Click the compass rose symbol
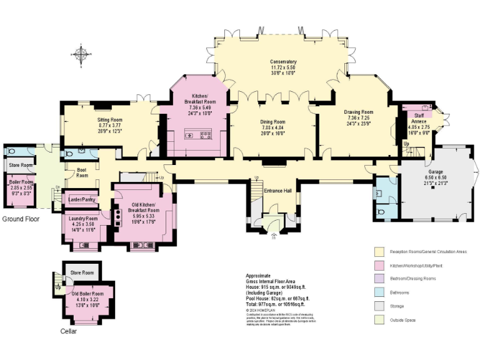point(81,54)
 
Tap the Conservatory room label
point(282,62)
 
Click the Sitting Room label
point(109,119)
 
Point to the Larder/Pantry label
point(81,200)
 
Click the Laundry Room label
point(82,218)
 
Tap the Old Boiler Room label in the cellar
point(87,293)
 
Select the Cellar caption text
point(68,331)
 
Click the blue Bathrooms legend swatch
point(379,292)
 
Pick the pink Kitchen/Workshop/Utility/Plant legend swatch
point(379,265)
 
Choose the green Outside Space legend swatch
point(379,320)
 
